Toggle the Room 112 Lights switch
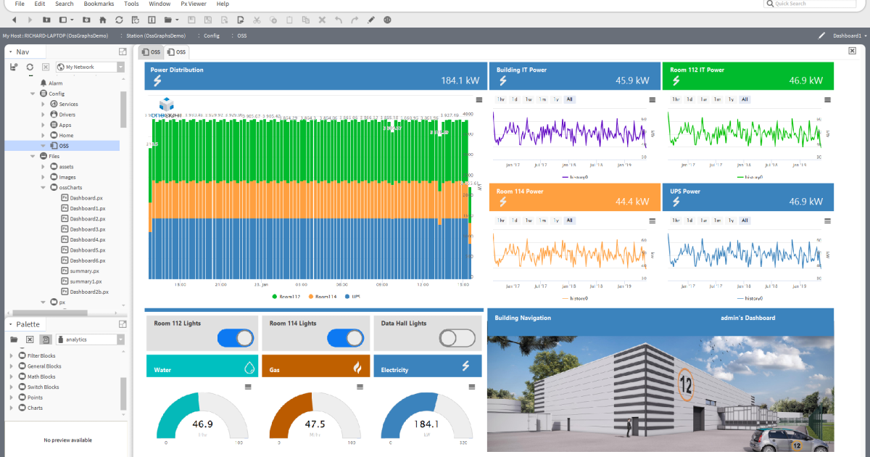[x=235, y=338]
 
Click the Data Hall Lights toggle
[x=457, y=338]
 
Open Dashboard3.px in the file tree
[x=88, y=229]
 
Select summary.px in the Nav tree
[x=85, y=271]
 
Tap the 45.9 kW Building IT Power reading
[x=631, y=81]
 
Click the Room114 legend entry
[x=324, y=297]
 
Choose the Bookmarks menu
[x=99, y=4]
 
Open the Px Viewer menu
[x=194, y=4]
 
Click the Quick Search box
[x=815, y=4]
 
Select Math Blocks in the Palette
[x=41, y=376]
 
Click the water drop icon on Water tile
[x=249, y=368]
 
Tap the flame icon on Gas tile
[x=357, y=368]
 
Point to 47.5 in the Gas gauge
[x=315, y=424]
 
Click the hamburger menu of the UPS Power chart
[x=824, y=221]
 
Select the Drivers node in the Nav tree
[x=67, y=115]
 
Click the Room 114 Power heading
[x=520, y=192]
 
